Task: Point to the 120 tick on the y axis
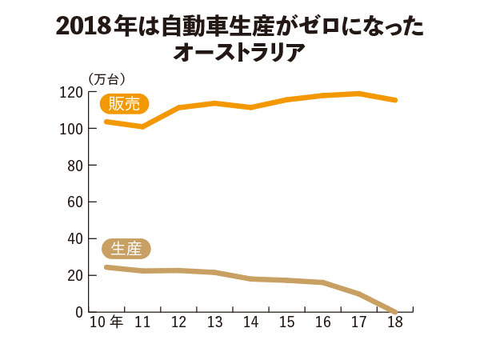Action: [x=71, y=92]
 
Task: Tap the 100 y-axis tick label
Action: [x=71, y=129]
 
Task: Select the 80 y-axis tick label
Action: [x=74, y=166]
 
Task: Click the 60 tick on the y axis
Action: [x=74, y=202]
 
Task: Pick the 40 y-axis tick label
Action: [x=74, y=238]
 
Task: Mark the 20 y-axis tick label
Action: [x=74, y=275]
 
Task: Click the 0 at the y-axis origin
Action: [x=78, y=312]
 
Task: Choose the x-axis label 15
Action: [x=286, y=322]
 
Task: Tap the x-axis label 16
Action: [x=322, y=322]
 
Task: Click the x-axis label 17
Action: [x=358, y=322]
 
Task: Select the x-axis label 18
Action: [x=394, y=322]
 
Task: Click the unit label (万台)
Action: [x=107, y=78]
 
